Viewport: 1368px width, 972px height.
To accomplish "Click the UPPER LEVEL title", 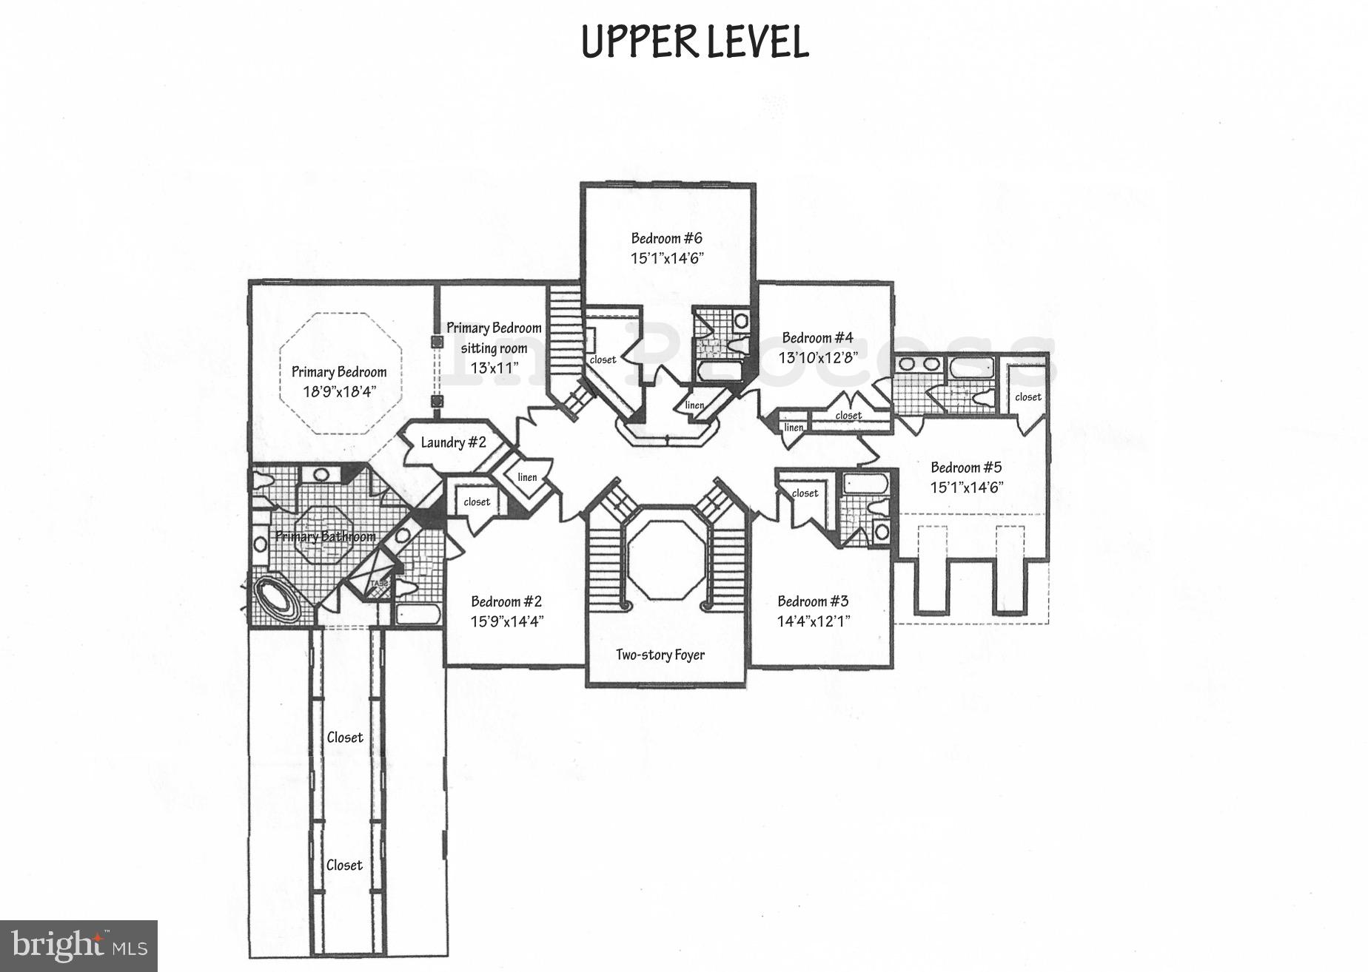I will tap(694, 41).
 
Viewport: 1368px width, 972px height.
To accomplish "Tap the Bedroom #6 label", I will tap(666, 238).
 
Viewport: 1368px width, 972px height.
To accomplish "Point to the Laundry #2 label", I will tap(453, 442).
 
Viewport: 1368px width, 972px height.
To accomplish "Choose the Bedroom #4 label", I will tap(817, 338).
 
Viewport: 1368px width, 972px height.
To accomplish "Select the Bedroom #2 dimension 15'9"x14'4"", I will tap(507, 621).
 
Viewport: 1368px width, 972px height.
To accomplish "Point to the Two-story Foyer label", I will tap(660, 655).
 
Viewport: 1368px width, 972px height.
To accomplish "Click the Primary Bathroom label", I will tap(325, 536).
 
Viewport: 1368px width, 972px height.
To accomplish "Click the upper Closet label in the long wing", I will tap(345, 738).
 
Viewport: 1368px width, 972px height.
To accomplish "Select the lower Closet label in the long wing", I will tap(345, 865).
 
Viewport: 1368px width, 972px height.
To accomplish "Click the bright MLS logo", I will tap(78, 945).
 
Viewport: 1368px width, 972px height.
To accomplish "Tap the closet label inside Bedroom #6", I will tap(603, 360).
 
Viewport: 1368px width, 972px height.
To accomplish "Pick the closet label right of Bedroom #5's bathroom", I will tap(1027, 396).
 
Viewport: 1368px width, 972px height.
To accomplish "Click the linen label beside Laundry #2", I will tap(527, 477).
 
